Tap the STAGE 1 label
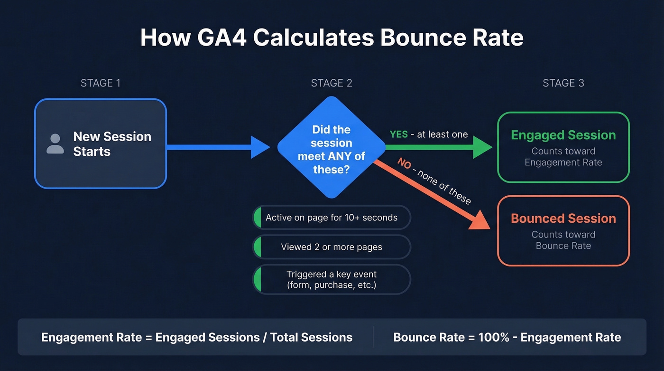pos(100,83)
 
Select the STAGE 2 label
pos(332,83)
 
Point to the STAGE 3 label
pos(563,83)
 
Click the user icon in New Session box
pos(55,144)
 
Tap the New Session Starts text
pos(112,144)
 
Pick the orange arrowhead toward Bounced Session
pos(480,219)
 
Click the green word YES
pos(399,134)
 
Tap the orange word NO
pos(404,164)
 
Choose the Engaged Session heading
pos(563,135)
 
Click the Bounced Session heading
pos(563,219)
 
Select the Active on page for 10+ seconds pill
pos(332,218)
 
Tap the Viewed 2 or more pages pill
pos(332,247)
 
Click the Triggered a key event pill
pos(332,280)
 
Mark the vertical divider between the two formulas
pos(373,337)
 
